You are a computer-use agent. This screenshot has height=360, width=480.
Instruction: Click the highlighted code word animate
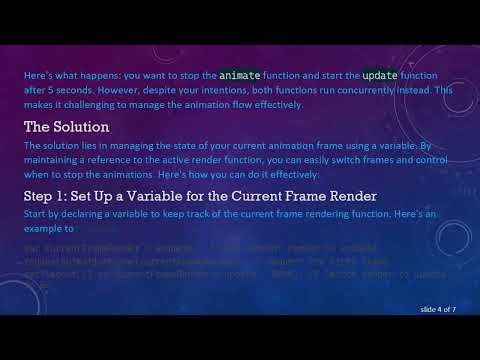click(x=243, y=75)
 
